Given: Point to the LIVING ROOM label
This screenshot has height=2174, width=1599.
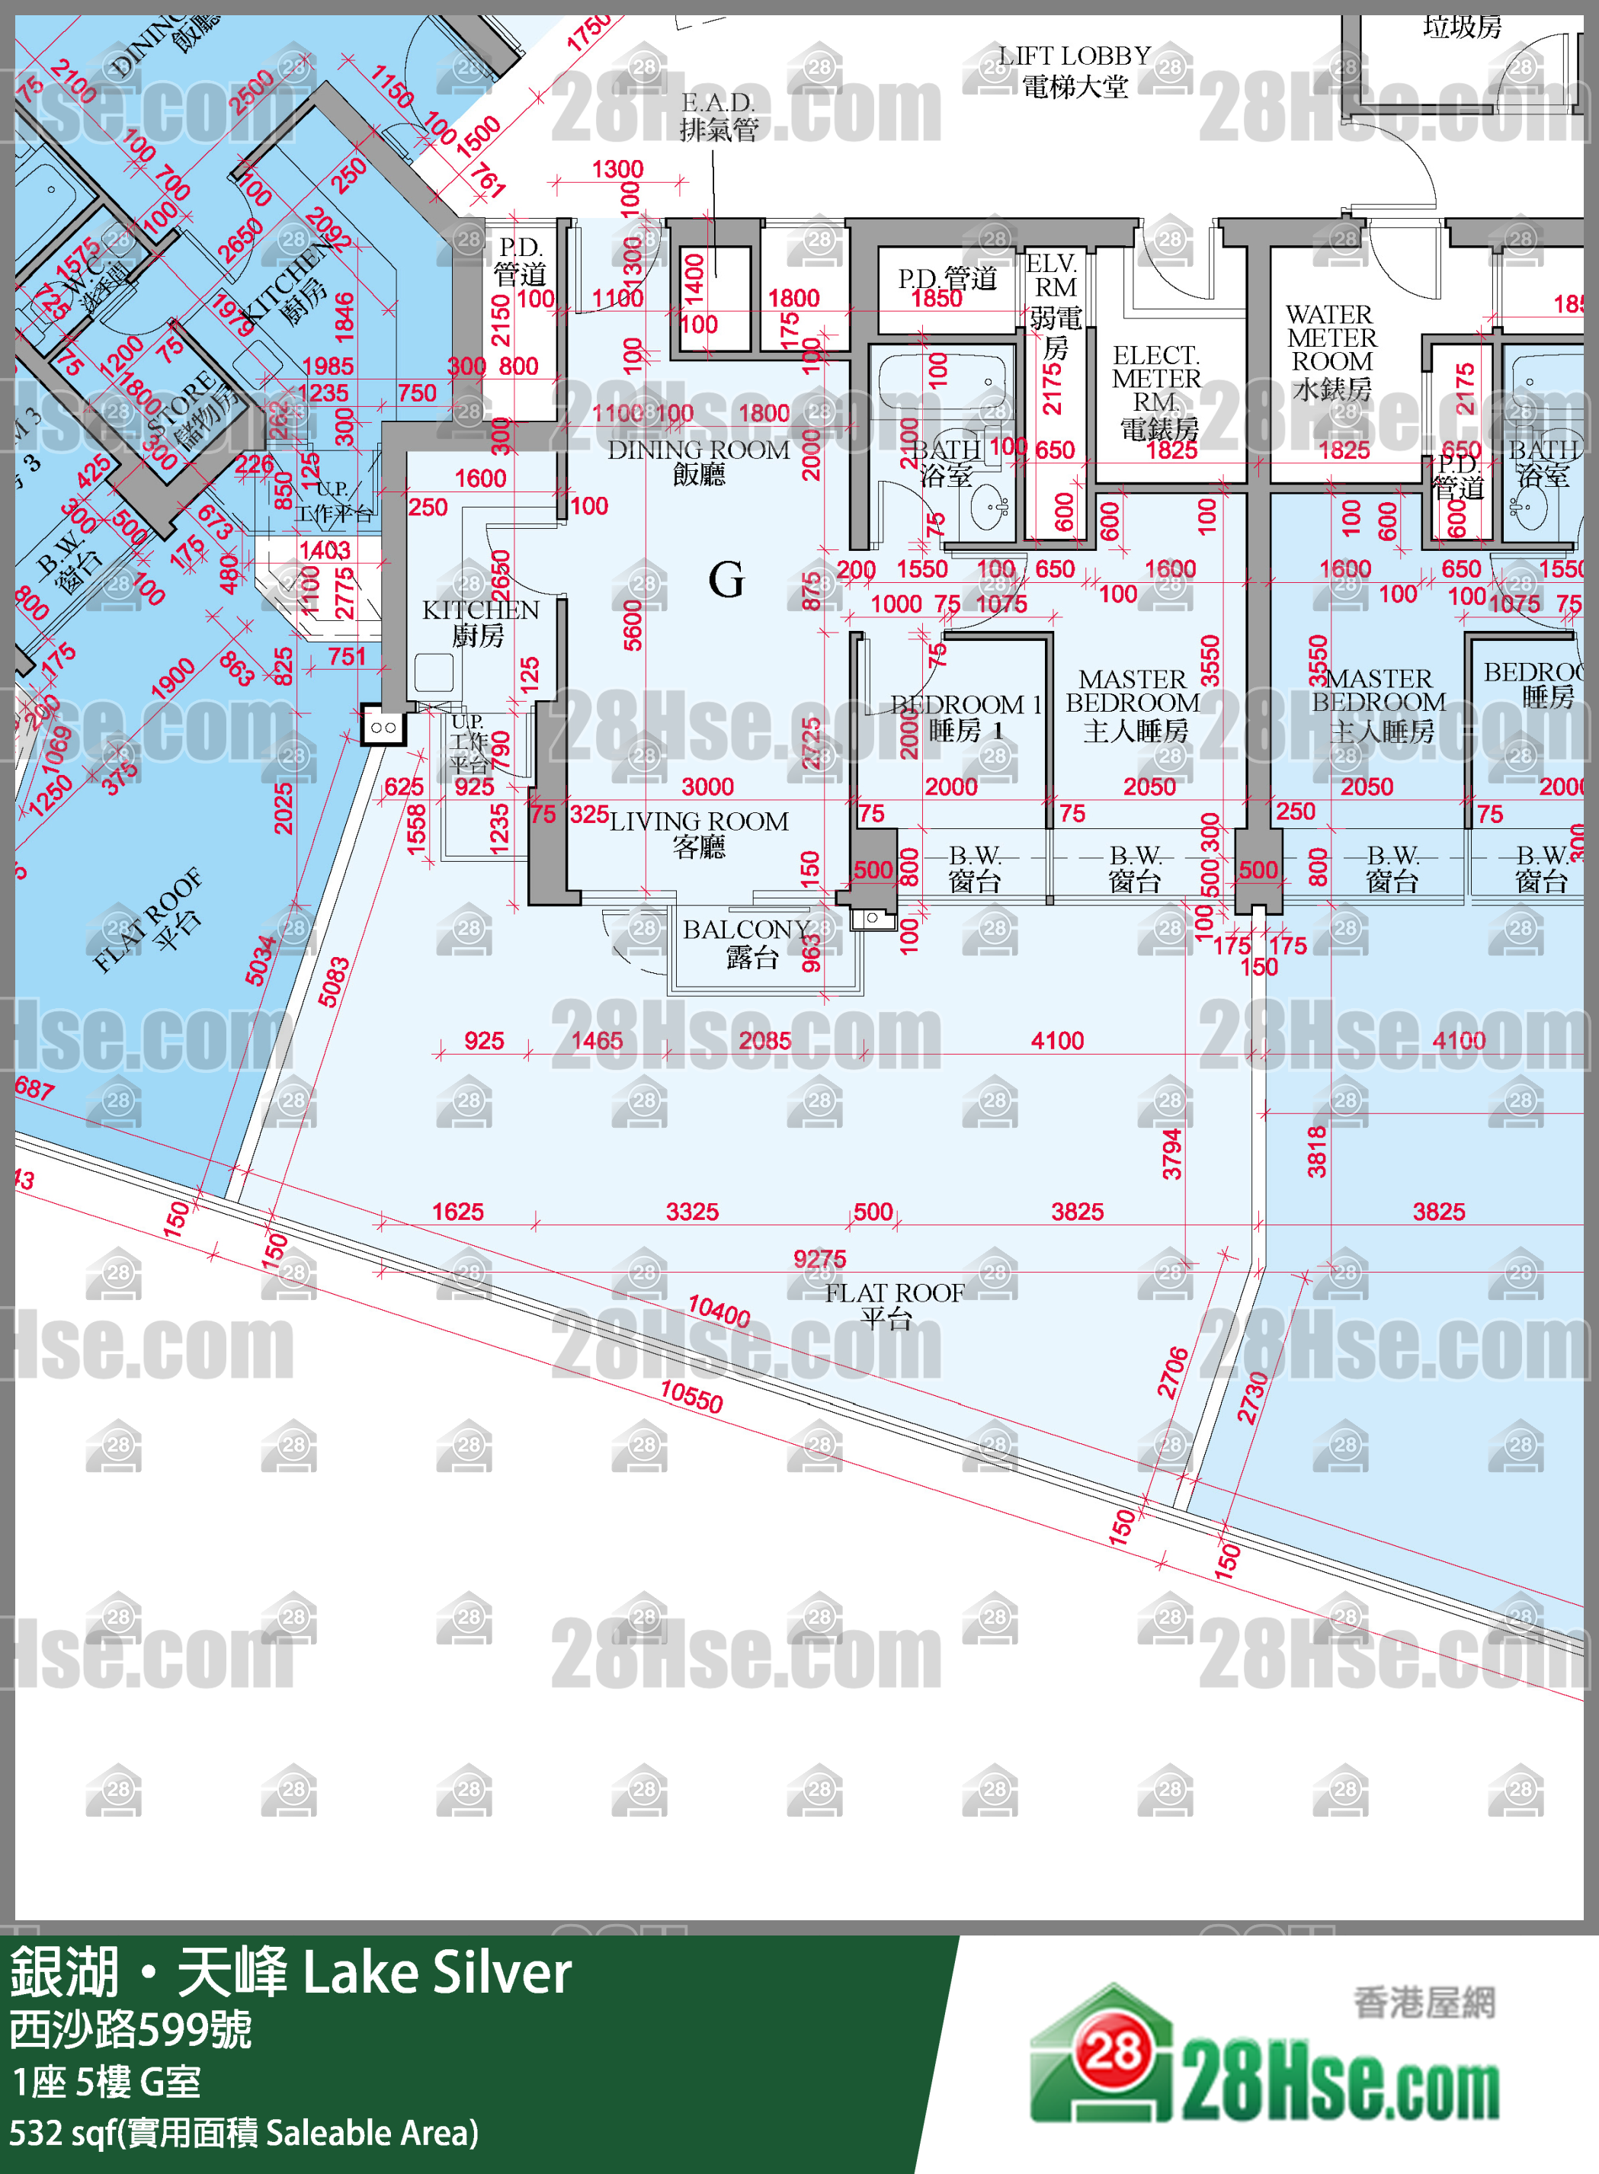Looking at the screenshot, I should (x=698, y=833).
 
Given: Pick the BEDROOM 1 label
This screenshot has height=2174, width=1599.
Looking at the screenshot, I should (x=964, y=716).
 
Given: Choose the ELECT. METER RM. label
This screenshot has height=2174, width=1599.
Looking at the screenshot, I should (x=1157, y=391).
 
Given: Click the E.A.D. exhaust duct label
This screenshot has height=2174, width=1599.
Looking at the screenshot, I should (x=717, y=115).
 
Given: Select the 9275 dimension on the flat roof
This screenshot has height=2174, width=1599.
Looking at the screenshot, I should (x=819, y=1259).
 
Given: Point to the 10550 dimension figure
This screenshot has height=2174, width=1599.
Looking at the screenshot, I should (x=691, y=1396).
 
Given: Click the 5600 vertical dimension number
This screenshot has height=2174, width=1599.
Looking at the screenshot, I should (x=632, y=625).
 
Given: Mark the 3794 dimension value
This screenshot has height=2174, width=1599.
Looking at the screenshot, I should (x=1171, y=1153).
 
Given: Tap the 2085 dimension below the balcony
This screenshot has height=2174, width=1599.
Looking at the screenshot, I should (x=764, y=1041).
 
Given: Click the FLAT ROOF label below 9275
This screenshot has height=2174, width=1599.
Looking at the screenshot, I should (x=892, y=1305).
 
